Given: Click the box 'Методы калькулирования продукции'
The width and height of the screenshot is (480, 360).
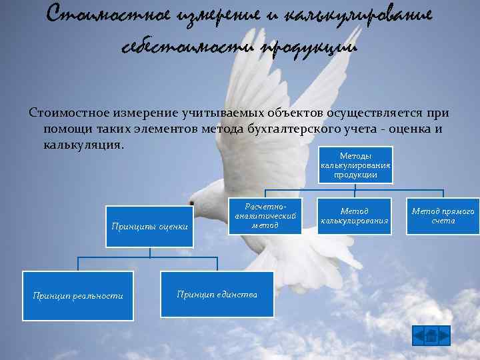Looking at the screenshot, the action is (355, 165).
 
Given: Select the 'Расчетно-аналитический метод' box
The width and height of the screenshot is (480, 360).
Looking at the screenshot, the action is (265, 216).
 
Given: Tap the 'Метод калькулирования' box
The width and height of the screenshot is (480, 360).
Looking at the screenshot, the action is (354, 216).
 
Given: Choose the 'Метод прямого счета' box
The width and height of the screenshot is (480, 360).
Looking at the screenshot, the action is (443, 216).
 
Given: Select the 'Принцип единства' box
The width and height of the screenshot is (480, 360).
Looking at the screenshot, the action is (217, 294).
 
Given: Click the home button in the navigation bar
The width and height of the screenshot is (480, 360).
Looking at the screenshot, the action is (431, 335).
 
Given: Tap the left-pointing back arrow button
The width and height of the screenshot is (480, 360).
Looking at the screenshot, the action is (419, 335).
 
